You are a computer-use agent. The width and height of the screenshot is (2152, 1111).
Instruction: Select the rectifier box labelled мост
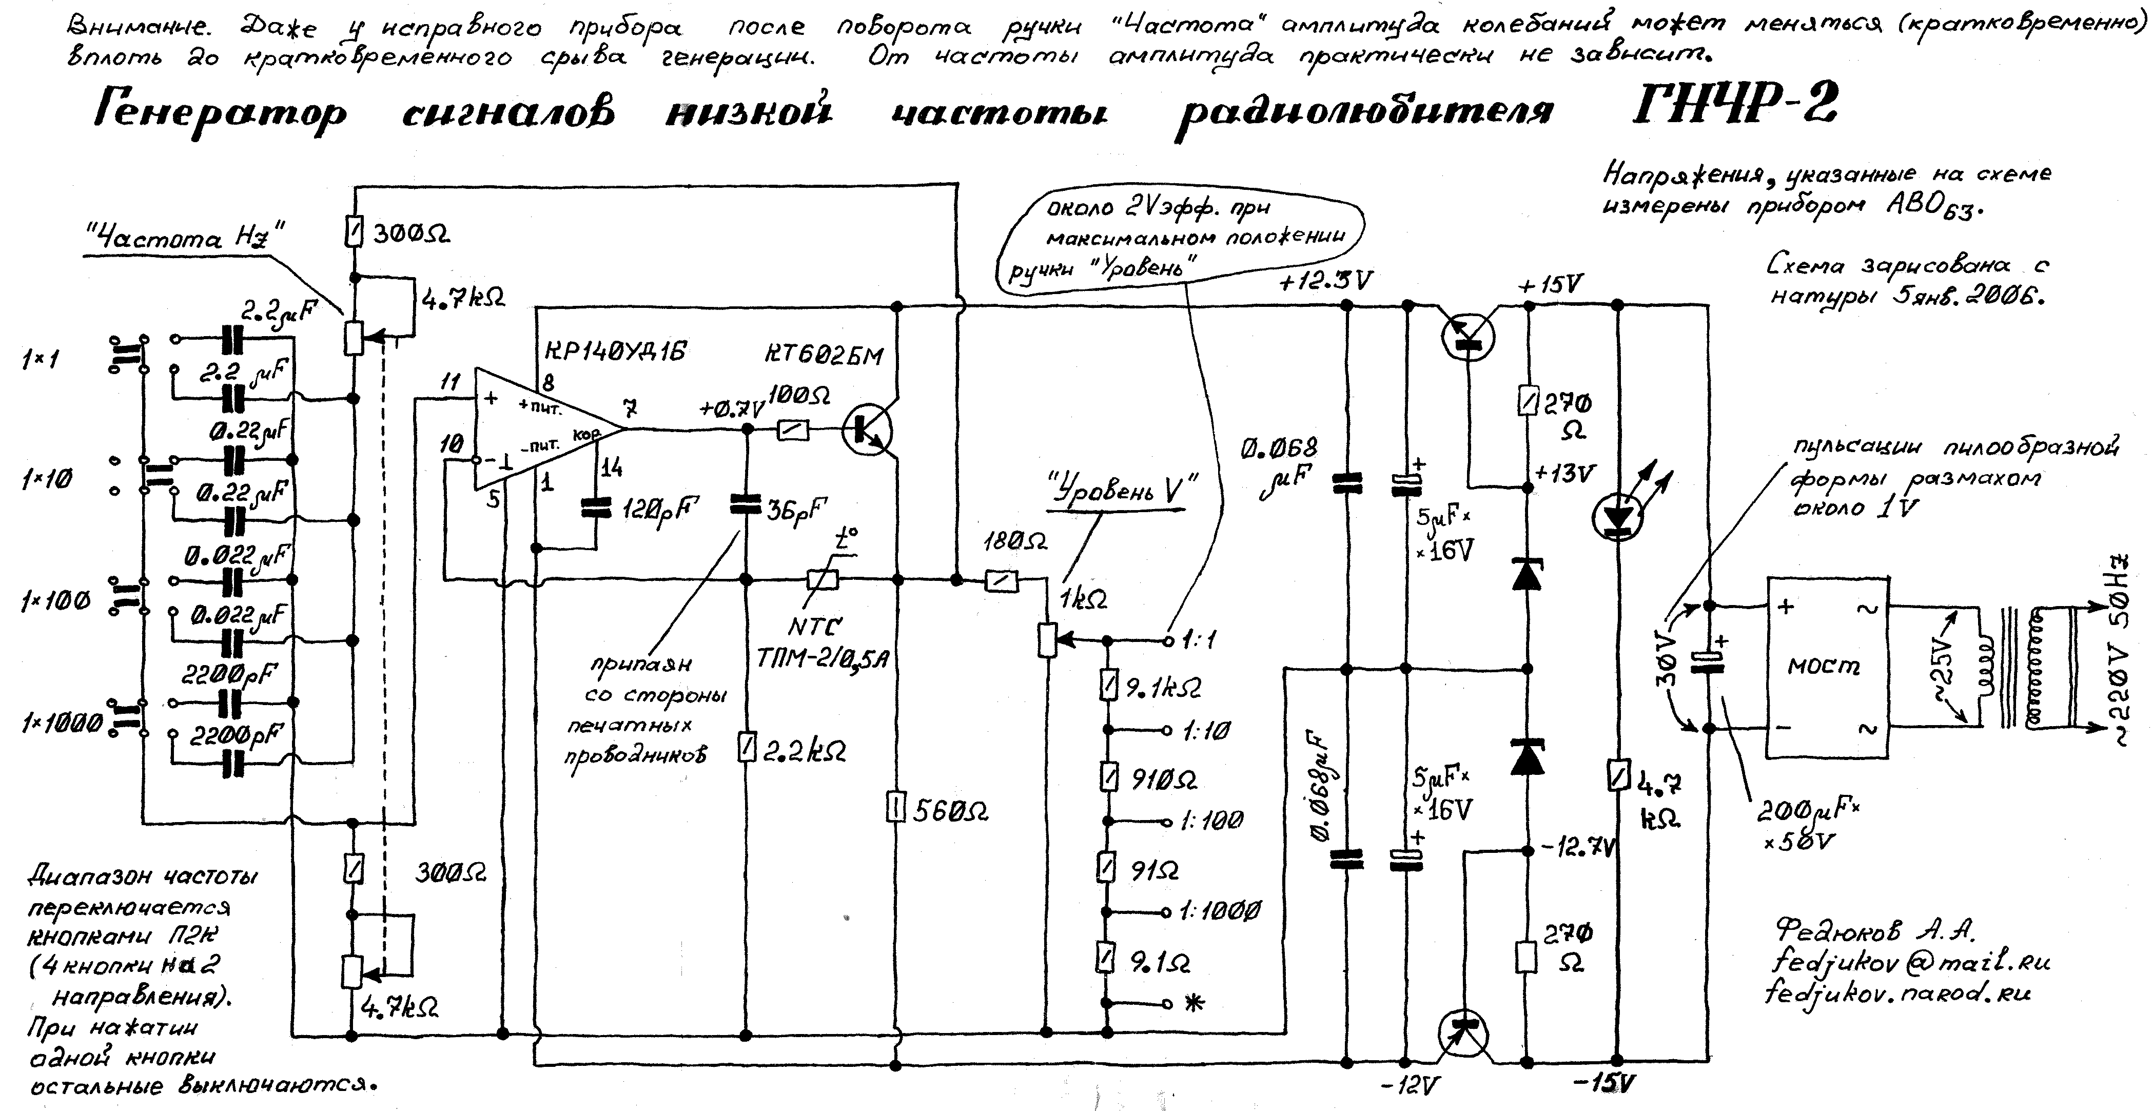point(1825,667)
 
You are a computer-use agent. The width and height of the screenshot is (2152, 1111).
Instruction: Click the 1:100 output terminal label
point(1211,821)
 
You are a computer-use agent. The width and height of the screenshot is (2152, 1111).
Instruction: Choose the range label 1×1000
point(63,723)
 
